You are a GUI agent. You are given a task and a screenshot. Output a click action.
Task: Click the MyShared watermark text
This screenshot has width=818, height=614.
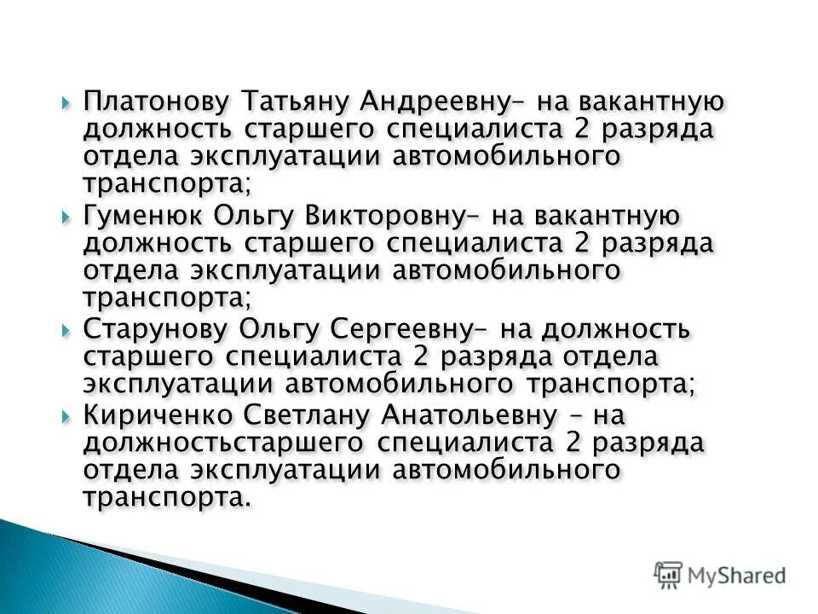pyautogui.click(x=738, y=575)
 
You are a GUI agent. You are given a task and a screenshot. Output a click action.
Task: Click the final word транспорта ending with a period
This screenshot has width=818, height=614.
pyautogui.click(x=167, y=498)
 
